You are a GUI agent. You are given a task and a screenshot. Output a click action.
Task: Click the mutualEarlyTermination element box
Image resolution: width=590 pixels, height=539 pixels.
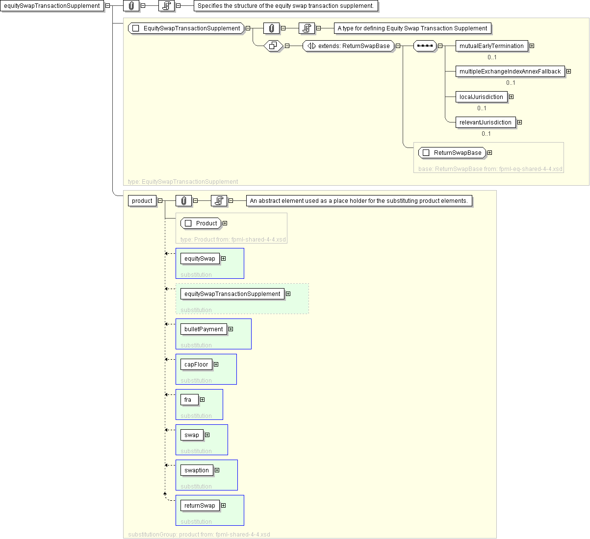[491, 46]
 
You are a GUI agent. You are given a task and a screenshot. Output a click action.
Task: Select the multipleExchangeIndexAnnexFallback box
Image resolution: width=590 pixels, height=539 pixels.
[510, 72]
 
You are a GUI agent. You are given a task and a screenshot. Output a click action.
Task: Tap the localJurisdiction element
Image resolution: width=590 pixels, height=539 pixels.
[481, 97]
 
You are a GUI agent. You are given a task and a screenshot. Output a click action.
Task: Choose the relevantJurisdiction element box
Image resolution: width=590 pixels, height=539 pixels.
[486, 122]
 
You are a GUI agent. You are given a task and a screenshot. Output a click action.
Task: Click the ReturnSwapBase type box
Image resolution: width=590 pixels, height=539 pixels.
[452, 153]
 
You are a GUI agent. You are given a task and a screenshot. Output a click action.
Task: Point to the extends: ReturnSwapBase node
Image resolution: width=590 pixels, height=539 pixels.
[348, 46]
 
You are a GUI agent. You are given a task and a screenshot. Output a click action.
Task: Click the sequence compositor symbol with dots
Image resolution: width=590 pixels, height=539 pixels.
[425, 46]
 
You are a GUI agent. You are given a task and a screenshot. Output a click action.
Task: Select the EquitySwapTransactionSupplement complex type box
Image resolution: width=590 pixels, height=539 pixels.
[186, 28]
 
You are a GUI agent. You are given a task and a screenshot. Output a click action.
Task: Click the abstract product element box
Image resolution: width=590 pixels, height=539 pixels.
[142, 201]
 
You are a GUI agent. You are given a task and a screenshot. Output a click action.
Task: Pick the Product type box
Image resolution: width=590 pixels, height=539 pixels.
[201, 223]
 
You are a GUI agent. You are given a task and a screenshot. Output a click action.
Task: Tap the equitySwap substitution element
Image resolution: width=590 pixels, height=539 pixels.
[200, 259]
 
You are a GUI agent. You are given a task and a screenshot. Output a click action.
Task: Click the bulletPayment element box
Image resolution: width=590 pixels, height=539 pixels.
[204, 329]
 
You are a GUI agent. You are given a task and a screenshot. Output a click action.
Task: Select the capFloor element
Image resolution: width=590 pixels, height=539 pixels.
[196, 365]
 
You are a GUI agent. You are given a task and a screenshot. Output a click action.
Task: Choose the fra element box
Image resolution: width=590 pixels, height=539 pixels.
[189, 400]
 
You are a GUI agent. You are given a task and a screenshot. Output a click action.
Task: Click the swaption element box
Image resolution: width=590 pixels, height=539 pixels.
[197, 470]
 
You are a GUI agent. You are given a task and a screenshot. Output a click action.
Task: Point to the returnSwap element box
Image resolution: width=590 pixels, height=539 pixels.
[200, 506]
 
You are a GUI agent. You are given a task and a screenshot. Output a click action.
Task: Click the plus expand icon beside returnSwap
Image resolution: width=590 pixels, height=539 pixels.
[224, 506]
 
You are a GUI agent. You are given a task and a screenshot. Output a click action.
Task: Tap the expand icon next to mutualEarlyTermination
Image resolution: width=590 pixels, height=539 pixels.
[532, 46]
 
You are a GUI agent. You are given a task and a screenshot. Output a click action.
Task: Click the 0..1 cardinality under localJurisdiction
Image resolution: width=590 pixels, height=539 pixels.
[482, 108]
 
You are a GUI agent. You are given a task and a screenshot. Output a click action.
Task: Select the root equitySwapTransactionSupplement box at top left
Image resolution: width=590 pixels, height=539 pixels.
[52, 6]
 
